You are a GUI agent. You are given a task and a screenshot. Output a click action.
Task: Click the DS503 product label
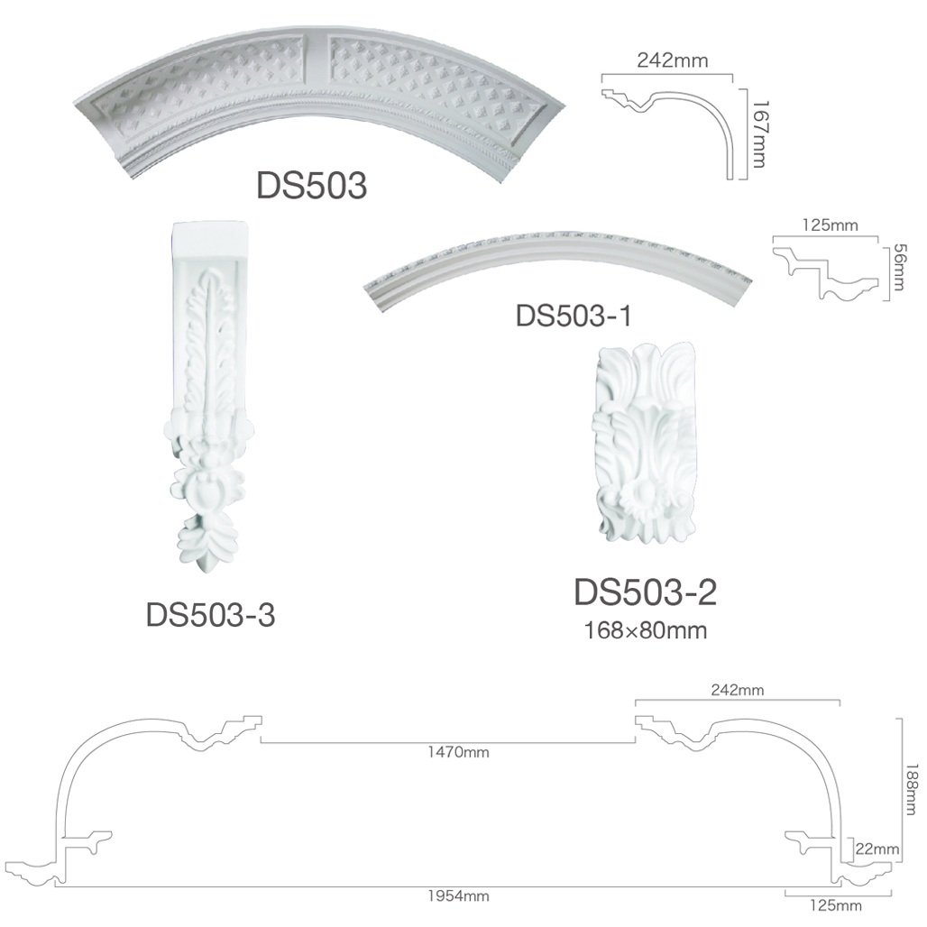click(x=312, y=186)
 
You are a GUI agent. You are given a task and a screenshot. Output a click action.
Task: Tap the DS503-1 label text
click(x=574, y=316)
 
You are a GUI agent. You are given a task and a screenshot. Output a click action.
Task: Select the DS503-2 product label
click(x=645, y=592)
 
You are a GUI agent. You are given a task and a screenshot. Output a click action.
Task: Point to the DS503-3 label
click(x=210, y=615)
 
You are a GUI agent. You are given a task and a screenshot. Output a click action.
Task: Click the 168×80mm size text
click(x=646, y=630)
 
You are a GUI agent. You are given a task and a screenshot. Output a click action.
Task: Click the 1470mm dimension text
click(x=458, y=752)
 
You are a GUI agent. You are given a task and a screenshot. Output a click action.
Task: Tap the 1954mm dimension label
click(x=458, y=896)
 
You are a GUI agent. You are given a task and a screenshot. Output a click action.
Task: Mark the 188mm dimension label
click(x=913, y=790)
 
